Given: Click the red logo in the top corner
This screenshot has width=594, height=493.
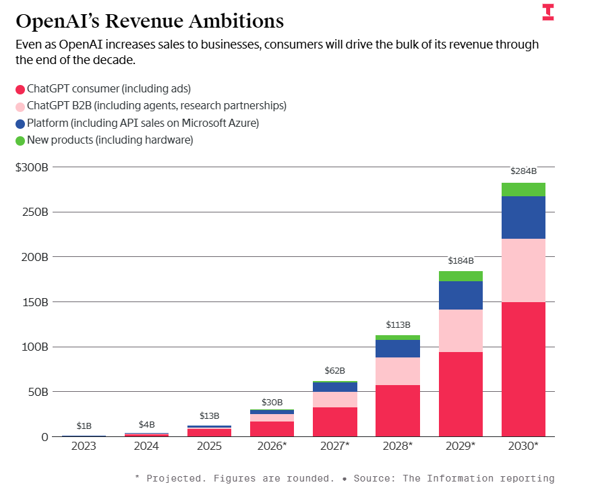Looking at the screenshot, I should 547,12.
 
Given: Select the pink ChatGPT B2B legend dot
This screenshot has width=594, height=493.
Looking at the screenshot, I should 20,106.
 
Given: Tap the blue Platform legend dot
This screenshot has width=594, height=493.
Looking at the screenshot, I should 20,123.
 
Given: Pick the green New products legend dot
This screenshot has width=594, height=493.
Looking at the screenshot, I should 20,140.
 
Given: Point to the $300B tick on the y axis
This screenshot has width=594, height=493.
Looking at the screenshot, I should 32,167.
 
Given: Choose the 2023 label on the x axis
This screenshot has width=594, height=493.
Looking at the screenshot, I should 84,446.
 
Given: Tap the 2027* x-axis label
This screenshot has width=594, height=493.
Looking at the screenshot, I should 334,446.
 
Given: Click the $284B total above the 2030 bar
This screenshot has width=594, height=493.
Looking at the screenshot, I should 524,171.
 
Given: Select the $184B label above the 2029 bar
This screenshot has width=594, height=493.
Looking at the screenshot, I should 461,260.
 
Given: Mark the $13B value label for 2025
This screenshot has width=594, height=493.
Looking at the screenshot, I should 209,416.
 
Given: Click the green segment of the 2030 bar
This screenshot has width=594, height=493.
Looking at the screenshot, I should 523,190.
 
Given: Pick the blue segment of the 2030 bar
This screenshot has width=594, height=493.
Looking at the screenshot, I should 523,217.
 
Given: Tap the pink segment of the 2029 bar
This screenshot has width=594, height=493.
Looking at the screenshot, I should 461,330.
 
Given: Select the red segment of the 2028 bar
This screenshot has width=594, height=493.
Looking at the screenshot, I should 398,411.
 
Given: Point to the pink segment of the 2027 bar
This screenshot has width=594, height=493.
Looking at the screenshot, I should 335,399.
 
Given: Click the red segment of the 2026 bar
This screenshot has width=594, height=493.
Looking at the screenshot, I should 272,429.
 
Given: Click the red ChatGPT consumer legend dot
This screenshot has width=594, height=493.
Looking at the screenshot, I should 20,89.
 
